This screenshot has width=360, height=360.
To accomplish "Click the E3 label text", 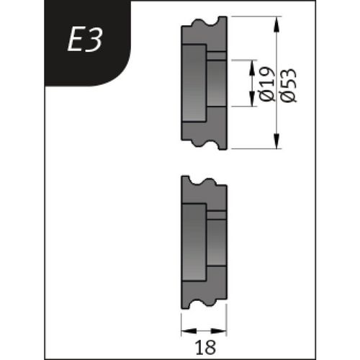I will click(86, 42).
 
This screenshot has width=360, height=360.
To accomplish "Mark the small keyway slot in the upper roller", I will click(217, 55).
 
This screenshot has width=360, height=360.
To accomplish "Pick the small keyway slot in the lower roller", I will click(217, 214).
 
